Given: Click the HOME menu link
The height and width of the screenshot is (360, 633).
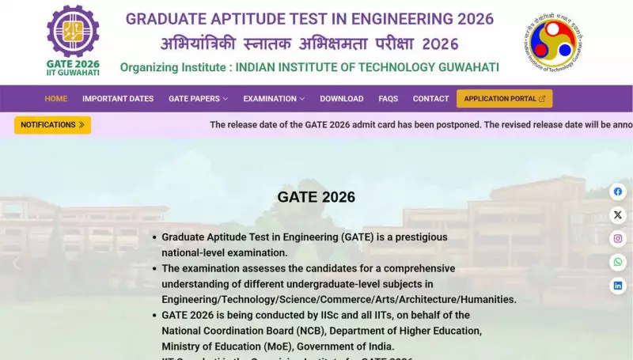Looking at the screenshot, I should pyautogui.click(x=56, y=99).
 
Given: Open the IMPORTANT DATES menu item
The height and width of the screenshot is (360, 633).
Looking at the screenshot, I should pyautogui.click(x=118, y=99).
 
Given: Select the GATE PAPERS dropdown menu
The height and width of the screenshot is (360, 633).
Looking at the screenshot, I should pyautogui.click(x=198, y=99).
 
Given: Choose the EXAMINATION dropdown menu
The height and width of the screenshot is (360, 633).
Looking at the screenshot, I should pyautogui.click(x=274, y=99).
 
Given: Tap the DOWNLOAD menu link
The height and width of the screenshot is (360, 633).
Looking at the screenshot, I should pyautogui.click(x=342, y=99).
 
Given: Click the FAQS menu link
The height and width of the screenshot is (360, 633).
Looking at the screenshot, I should pyautogui.click(x=388, y=99).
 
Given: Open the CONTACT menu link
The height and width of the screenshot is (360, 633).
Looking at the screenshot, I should pyautogui.click(x=430, y=99).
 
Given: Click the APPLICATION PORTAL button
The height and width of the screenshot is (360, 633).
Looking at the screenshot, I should pyautogui.click(x=504, y=99).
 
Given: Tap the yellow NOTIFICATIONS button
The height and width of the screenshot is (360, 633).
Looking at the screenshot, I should pyautogui.click(x=52, y=125).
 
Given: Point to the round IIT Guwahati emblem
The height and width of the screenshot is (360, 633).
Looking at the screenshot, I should pyautogui.click(x=553, y=42).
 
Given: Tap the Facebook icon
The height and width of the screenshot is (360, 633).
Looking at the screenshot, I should pyautogui.click(x=618, y=191).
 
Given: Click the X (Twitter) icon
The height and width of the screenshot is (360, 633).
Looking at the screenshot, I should pyautogui.click(x=618, y=215).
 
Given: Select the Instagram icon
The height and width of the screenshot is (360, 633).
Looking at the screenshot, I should pyautogui.click(x=618, y=238).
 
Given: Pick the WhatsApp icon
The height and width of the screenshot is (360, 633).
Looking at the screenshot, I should pyautogui.click(x=618, y=262).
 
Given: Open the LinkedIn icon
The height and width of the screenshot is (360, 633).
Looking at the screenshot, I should pyautogui.click(x=618, y=286).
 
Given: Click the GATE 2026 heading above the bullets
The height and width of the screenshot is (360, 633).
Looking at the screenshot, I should pyautogui.click(x=316, y=197).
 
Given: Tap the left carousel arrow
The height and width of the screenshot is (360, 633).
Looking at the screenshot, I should pyautogui.click(x=16, y=263).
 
